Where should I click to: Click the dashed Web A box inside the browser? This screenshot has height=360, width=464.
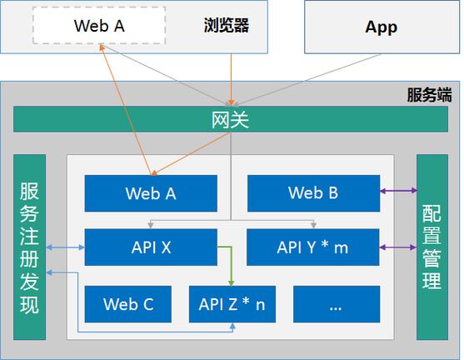(99, 26)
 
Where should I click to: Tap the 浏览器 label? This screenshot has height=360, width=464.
(226, 26)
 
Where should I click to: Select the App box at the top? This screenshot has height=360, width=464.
(381, 27)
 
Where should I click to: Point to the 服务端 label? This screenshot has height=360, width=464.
(428, 94)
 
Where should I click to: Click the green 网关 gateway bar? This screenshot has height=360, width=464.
(230, 120)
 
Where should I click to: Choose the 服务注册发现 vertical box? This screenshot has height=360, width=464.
(29, 247)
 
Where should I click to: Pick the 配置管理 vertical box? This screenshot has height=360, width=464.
(432, 247)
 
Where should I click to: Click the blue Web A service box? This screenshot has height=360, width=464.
(151, 193)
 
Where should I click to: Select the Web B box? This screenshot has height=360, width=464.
(313, 192)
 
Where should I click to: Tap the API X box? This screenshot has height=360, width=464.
(151, 247)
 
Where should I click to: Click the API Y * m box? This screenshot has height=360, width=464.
(313, 247)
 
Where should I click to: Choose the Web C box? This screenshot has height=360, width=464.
(128, 304)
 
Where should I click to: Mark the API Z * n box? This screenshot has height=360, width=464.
(232, 304)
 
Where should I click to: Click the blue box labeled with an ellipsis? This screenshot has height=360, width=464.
(336, 304)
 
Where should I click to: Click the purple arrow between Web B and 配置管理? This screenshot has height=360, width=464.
(398, 192)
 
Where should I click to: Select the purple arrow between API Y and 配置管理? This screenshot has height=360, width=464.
(398, 247)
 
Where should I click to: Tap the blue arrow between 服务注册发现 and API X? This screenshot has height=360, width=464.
(66, 247)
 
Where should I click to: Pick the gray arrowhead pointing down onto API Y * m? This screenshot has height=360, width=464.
(313, 224)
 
